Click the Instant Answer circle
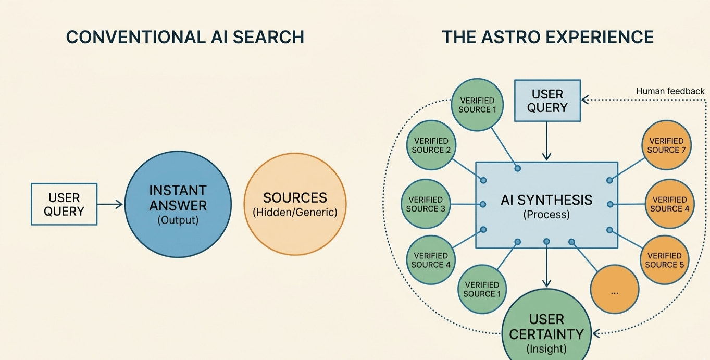178,204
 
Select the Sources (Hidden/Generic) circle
295,204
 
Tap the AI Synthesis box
546,204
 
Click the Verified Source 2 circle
431,145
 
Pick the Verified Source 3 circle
426,204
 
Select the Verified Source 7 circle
666,145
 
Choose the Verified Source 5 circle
664,260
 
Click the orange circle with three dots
615,290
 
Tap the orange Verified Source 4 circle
669,204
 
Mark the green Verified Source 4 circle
430,260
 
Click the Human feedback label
670,91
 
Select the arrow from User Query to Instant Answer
110,204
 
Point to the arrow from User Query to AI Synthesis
546,141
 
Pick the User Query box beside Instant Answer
64,204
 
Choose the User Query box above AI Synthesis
547,101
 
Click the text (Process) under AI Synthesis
546,215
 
